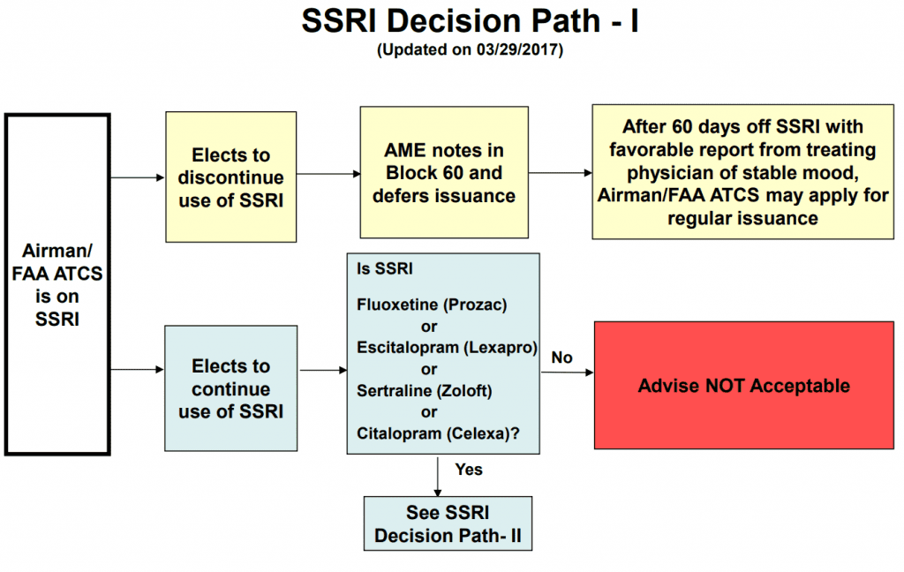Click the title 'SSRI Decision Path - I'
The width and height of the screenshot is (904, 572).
click(470, 21)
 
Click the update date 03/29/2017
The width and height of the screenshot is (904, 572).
click(519, 49)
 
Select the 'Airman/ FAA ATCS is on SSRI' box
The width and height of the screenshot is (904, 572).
click(57, 284)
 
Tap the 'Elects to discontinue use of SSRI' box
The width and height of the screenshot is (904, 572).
click(231, 177)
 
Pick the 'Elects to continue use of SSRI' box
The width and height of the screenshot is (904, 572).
click(231, 388)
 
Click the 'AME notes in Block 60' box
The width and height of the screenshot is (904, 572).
click(444, 172)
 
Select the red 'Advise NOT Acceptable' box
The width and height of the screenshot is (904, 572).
click(743, 385)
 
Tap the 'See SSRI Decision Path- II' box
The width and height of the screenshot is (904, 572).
click(448, 523)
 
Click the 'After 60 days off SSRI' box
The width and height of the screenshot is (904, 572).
click(743, 172)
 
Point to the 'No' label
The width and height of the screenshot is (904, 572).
click(562, 357)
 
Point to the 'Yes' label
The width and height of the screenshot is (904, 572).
click(469, 470)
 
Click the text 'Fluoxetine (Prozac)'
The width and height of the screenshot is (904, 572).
click(432, 305)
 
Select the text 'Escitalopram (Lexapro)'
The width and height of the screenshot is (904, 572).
click(447, 348)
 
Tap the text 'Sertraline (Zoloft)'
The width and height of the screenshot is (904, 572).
click(425, 391)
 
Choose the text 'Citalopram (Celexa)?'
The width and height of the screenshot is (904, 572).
click(438, 433)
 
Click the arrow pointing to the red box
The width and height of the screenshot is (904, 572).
click(568, 373)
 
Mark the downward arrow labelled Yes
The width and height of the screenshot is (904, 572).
click(438, 477)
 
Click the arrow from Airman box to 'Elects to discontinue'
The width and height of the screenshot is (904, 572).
click(138, 177)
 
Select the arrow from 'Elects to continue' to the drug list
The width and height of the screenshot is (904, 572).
click(323, 370)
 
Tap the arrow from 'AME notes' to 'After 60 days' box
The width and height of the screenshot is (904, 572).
click(561, 172)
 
